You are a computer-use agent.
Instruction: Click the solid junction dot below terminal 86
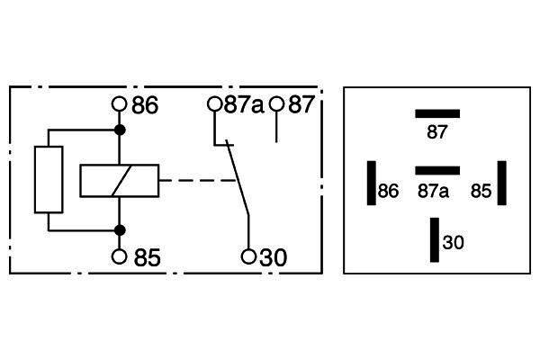click(x=120, y=130)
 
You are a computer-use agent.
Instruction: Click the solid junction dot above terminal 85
click(x=120, y=230)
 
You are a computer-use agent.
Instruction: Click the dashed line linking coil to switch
click(x=197, y=180)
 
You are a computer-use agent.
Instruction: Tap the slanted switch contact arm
click(x=238, y=178)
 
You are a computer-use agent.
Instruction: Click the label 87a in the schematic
click(x=244, y=104)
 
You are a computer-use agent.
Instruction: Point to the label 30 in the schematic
click(x=273, y=257)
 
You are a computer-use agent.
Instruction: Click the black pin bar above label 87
click(x=437, y=113)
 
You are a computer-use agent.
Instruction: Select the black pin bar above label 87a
click(x=437, y=170)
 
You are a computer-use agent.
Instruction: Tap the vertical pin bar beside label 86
click(x=372, y=183)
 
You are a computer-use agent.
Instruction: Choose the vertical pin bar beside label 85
click(x=502, y=183)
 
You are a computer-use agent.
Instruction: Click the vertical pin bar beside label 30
click(x=435, y=239)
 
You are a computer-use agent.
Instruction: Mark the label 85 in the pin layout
click(x=481, y=191)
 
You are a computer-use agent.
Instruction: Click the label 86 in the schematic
click(x=145, y=105)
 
